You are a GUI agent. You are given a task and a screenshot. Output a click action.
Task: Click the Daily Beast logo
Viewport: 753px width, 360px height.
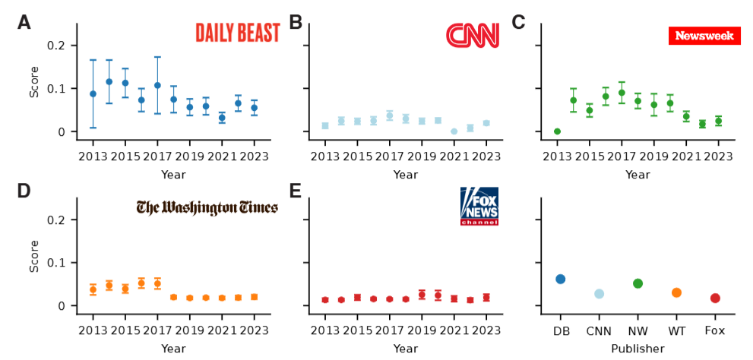click(237, 33)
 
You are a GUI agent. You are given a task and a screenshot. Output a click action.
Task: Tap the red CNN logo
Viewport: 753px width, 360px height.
click(472, 35)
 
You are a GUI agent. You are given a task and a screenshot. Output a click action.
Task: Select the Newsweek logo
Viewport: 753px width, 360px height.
click(704, 36)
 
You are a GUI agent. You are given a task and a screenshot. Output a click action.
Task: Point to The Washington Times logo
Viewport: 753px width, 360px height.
click(207, 207)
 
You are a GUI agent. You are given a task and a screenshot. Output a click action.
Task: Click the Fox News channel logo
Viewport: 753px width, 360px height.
click(479, 206)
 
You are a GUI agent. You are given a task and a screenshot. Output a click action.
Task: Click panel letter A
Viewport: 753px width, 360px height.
click(24, 22)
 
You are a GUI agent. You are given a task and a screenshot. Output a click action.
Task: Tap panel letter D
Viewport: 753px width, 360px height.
click(24, 191)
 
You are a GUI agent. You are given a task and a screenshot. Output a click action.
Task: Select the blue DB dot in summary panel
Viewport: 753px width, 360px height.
click(561, 279)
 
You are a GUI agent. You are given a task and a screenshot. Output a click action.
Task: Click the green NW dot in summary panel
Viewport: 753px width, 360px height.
click(638, 283)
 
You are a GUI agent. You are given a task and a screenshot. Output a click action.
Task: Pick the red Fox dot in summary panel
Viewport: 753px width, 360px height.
click(715, 298)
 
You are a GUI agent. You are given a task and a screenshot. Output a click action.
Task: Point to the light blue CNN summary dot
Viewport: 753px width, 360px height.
click(600, 294)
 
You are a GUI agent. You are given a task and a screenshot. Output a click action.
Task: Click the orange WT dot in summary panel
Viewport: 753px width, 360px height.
click(676, 292)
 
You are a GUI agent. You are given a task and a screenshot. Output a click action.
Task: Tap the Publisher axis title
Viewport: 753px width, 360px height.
click(638, 349)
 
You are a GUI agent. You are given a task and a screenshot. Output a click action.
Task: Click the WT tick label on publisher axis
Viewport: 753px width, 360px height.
click(676, 330)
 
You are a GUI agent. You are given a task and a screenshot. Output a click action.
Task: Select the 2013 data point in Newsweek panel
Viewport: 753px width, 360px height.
click(557, 131)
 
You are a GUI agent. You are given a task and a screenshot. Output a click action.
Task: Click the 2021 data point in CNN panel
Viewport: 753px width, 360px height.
click(454, 131)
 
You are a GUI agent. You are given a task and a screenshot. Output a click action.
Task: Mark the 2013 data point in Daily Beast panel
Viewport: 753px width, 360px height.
click(93, 94)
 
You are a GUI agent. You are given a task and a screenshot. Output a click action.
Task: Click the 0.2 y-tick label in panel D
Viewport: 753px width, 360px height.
click(57, 219)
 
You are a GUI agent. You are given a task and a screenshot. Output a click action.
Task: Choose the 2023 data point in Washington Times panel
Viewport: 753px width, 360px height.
click(254, 297)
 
